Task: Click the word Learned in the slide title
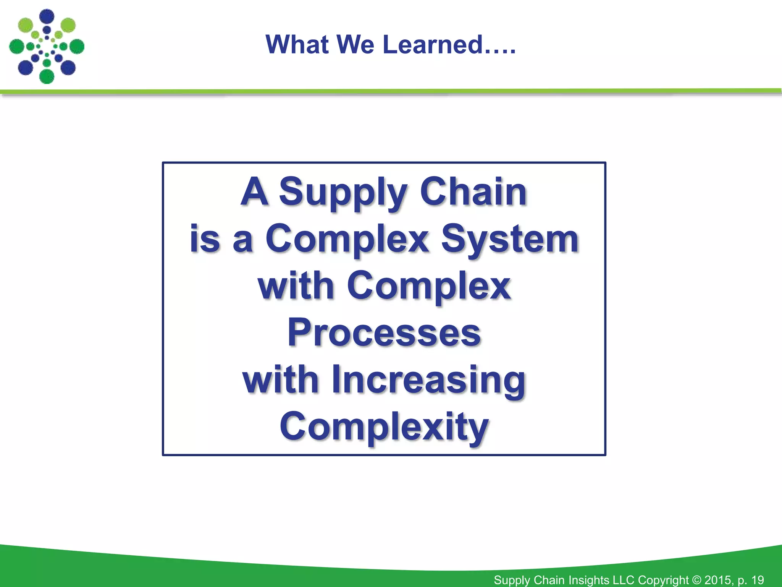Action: (433, 45)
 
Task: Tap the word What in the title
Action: (297, 45)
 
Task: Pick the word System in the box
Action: (510, 240)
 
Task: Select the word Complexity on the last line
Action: (384, 427)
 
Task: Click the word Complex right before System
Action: (347, 240)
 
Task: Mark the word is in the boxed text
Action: (205, 240)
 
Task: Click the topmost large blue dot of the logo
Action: (47, 16)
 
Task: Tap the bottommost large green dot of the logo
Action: (47, 76)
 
